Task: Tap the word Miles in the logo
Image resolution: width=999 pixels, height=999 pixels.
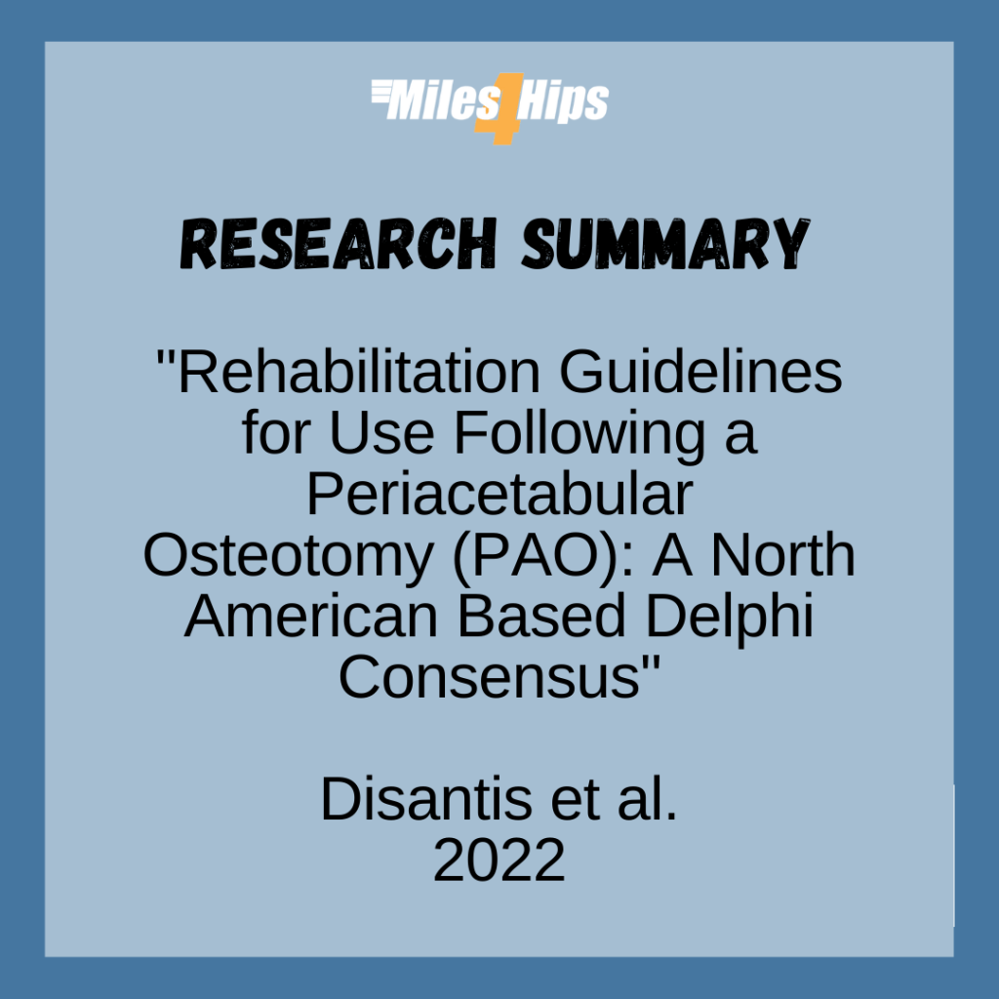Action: point(435,101)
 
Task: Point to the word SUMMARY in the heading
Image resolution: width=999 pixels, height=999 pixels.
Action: point(663,244)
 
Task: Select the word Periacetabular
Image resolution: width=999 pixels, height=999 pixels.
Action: point(499,495)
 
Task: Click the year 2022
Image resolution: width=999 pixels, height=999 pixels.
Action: point(499,861)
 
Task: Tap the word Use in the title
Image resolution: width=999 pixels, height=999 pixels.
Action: point(382,433)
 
